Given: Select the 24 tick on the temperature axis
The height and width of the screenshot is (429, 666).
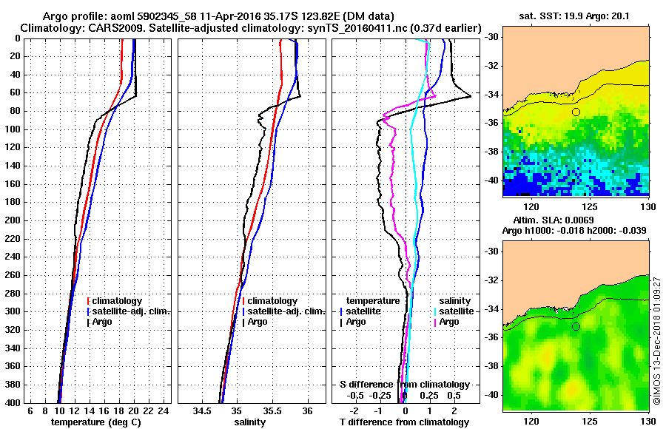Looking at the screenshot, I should [x=164, y=411].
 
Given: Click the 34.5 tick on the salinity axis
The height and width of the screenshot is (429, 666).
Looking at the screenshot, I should [x=202, y=411].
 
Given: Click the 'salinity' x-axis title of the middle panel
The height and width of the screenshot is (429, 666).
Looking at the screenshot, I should [x=251, y=422].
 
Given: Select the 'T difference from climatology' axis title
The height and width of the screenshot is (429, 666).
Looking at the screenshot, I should [x=404, y=422].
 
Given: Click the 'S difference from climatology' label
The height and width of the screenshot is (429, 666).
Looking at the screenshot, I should [x=404, y=385].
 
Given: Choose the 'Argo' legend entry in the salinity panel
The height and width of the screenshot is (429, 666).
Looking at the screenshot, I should [x=259, y=322].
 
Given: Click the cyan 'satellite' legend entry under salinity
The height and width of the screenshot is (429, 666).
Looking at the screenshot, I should [x=455, y=311].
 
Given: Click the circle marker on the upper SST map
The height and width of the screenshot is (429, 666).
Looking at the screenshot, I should [x=576, y=112].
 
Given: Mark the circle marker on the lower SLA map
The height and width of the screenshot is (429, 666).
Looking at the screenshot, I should [x=576, y=326].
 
